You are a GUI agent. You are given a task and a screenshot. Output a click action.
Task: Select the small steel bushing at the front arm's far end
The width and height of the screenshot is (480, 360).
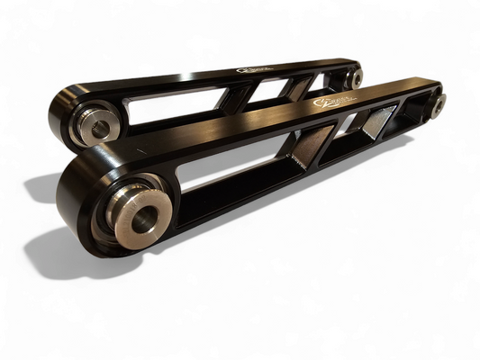point(438,104)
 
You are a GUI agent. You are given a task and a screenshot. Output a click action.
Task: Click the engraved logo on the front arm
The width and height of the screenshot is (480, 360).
point(328,105)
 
